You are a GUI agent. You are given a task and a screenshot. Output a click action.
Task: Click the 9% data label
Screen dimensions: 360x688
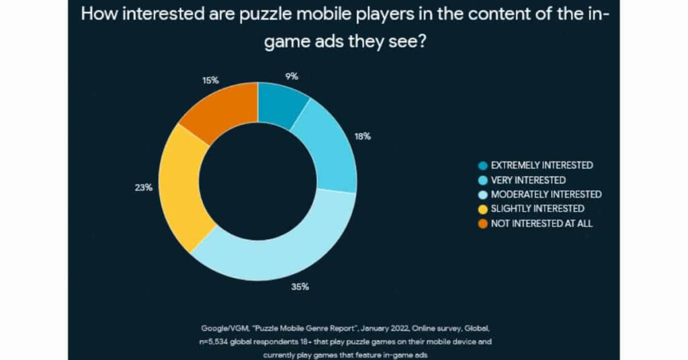(x=291, y=77)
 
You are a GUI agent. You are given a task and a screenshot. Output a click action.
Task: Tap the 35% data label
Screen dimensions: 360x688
(x=300, y=287)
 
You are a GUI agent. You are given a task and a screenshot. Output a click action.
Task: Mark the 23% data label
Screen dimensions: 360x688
(x=144, y=187)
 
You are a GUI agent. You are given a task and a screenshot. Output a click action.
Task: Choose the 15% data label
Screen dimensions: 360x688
(x=211, y=81)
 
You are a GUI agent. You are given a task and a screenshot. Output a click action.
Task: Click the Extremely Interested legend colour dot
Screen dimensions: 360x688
(x=482, y=165)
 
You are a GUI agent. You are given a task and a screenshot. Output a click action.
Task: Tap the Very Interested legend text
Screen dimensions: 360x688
(x=528, y=180)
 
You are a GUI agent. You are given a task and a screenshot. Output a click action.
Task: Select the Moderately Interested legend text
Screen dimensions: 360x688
(x=546, y=194)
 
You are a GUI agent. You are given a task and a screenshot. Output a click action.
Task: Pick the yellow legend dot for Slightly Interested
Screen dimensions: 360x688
(x=482, y=209)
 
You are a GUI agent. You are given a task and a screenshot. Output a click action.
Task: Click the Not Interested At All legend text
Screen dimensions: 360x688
(x=542, y=223)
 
